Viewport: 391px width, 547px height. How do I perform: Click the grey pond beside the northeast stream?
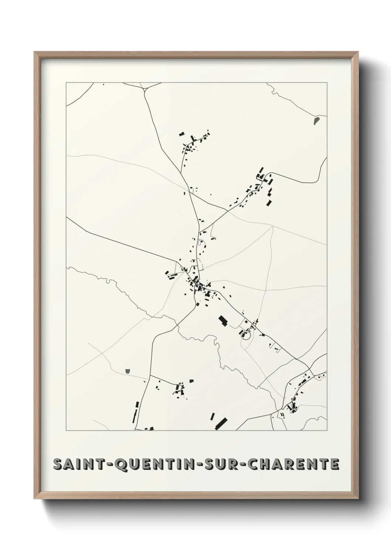tap(316, 120)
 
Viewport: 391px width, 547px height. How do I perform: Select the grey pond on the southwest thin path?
tap(128, 370)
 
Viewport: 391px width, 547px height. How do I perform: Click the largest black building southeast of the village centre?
tap(223, 320)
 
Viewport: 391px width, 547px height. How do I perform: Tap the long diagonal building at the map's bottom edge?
tap(221, 423)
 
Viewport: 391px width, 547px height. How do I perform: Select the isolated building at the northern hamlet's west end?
tap(181, 134)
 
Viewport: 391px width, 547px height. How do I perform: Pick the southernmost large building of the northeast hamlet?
tap(269, 203)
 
